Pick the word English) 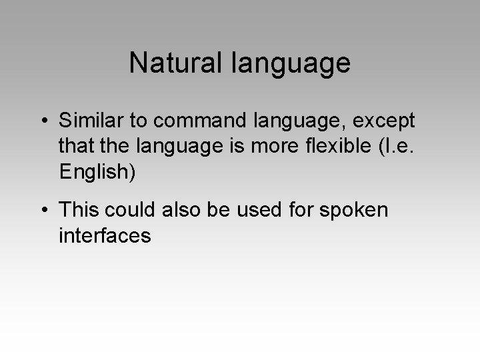coord(97,172)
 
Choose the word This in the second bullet coord(80,210)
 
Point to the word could coord(131,210)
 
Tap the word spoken coord(354,211)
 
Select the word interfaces coord(105,235)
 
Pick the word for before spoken coord(304,210)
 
